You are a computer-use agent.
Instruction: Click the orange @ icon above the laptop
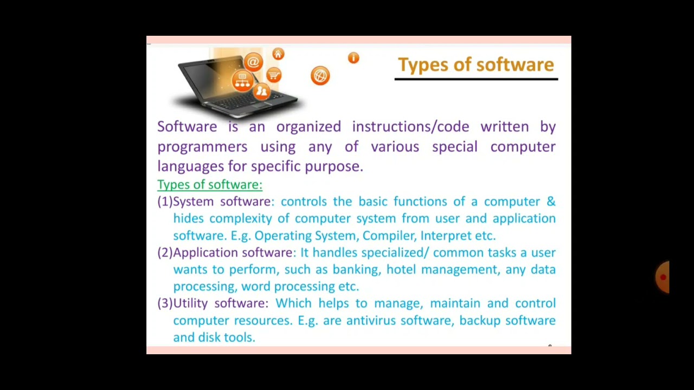coord(253,62)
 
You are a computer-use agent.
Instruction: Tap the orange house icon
coord(278,54)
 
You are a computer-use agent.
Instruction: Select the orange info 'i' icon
coord(354,58)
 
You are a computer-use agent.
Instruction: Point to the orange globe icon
coord(320,75)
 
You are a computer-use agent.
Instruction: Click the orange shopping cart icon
coord(274,75)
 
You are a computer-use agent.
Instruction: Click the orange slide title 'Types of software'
coord(475,65)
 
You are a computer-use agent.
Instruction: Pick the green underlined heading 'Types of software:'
coord(209,185)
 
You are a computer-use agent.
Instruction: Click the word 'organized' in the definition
coord(309,127)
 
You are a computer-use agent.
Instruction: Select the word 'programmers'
coord(202,147)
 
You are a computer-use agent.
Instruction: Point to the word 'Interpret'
coord(446,236)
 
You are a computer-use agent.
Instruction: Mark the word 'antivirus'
coord(371,321)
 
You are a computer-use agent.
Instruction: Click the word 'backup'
coord(479,321)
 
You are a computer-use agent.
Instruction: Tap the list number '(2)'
coord(165,252)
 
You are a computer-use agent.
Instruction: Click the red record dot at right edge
coord(663,277)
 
